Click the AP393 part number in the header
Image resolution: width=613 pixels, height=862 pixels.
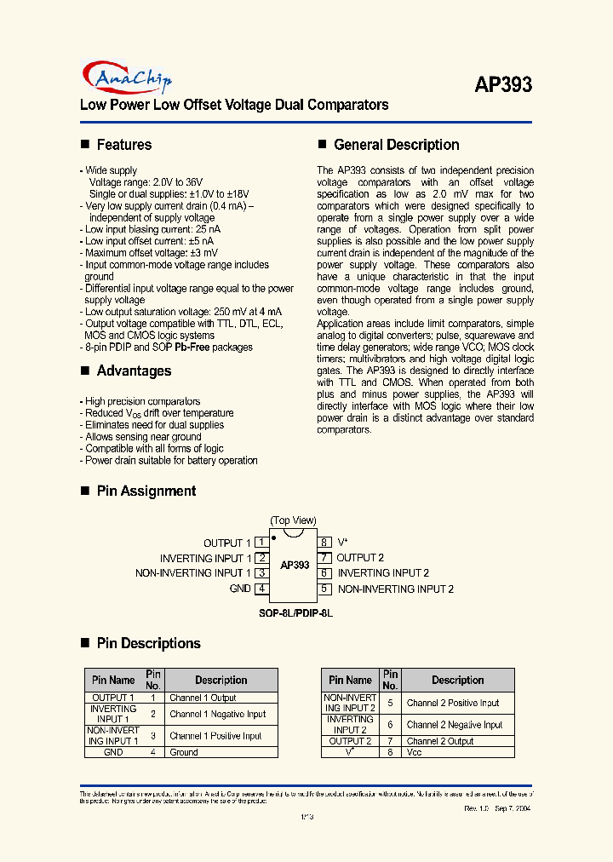(502, 84)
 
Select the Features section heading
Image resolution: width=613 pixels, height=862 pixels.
(123, 145)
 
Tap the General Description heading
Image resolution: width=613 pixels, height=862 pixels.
(396, 145)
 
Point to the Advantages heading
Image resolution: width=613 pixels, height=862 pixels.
(134, 371)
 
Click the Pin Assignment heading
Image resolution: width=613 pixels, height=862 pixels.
(146, 491)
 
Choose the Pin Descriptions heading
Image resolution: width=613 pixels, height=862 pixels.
(148, 643)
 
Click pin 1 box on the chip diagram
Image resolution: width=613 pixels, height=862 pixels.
(262, 543)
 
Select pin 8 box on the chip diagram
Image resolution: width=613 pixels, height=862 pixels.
(324, 543)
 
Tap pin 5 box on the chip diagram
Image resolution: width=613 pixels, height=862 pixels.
(324, 589)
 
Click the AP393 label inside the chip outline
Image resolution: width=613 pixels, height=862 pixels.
(295, 565)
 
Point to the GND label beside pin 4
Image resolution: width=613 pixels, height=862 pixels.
(240, 589)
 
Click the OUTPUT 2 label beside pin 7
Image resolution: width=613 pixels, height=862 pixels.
(360, 558)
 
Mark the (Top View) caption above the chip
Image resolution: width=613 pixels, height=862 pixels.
(293, 520)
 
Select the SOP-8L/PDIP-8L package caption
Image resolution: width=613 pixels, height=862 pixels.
(295, 612)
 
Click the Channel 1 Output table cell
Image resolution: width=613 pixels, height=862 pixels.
(203, 698)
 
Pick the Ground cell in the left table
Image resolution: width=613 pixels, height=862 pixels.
(184, 752)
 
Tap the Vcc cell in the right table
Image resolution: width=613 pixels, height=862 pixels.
(415, 752)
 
